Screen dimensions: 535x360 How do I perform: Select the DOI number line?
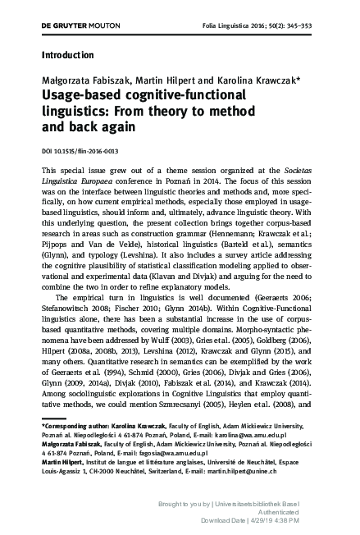tap(73, 153)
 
